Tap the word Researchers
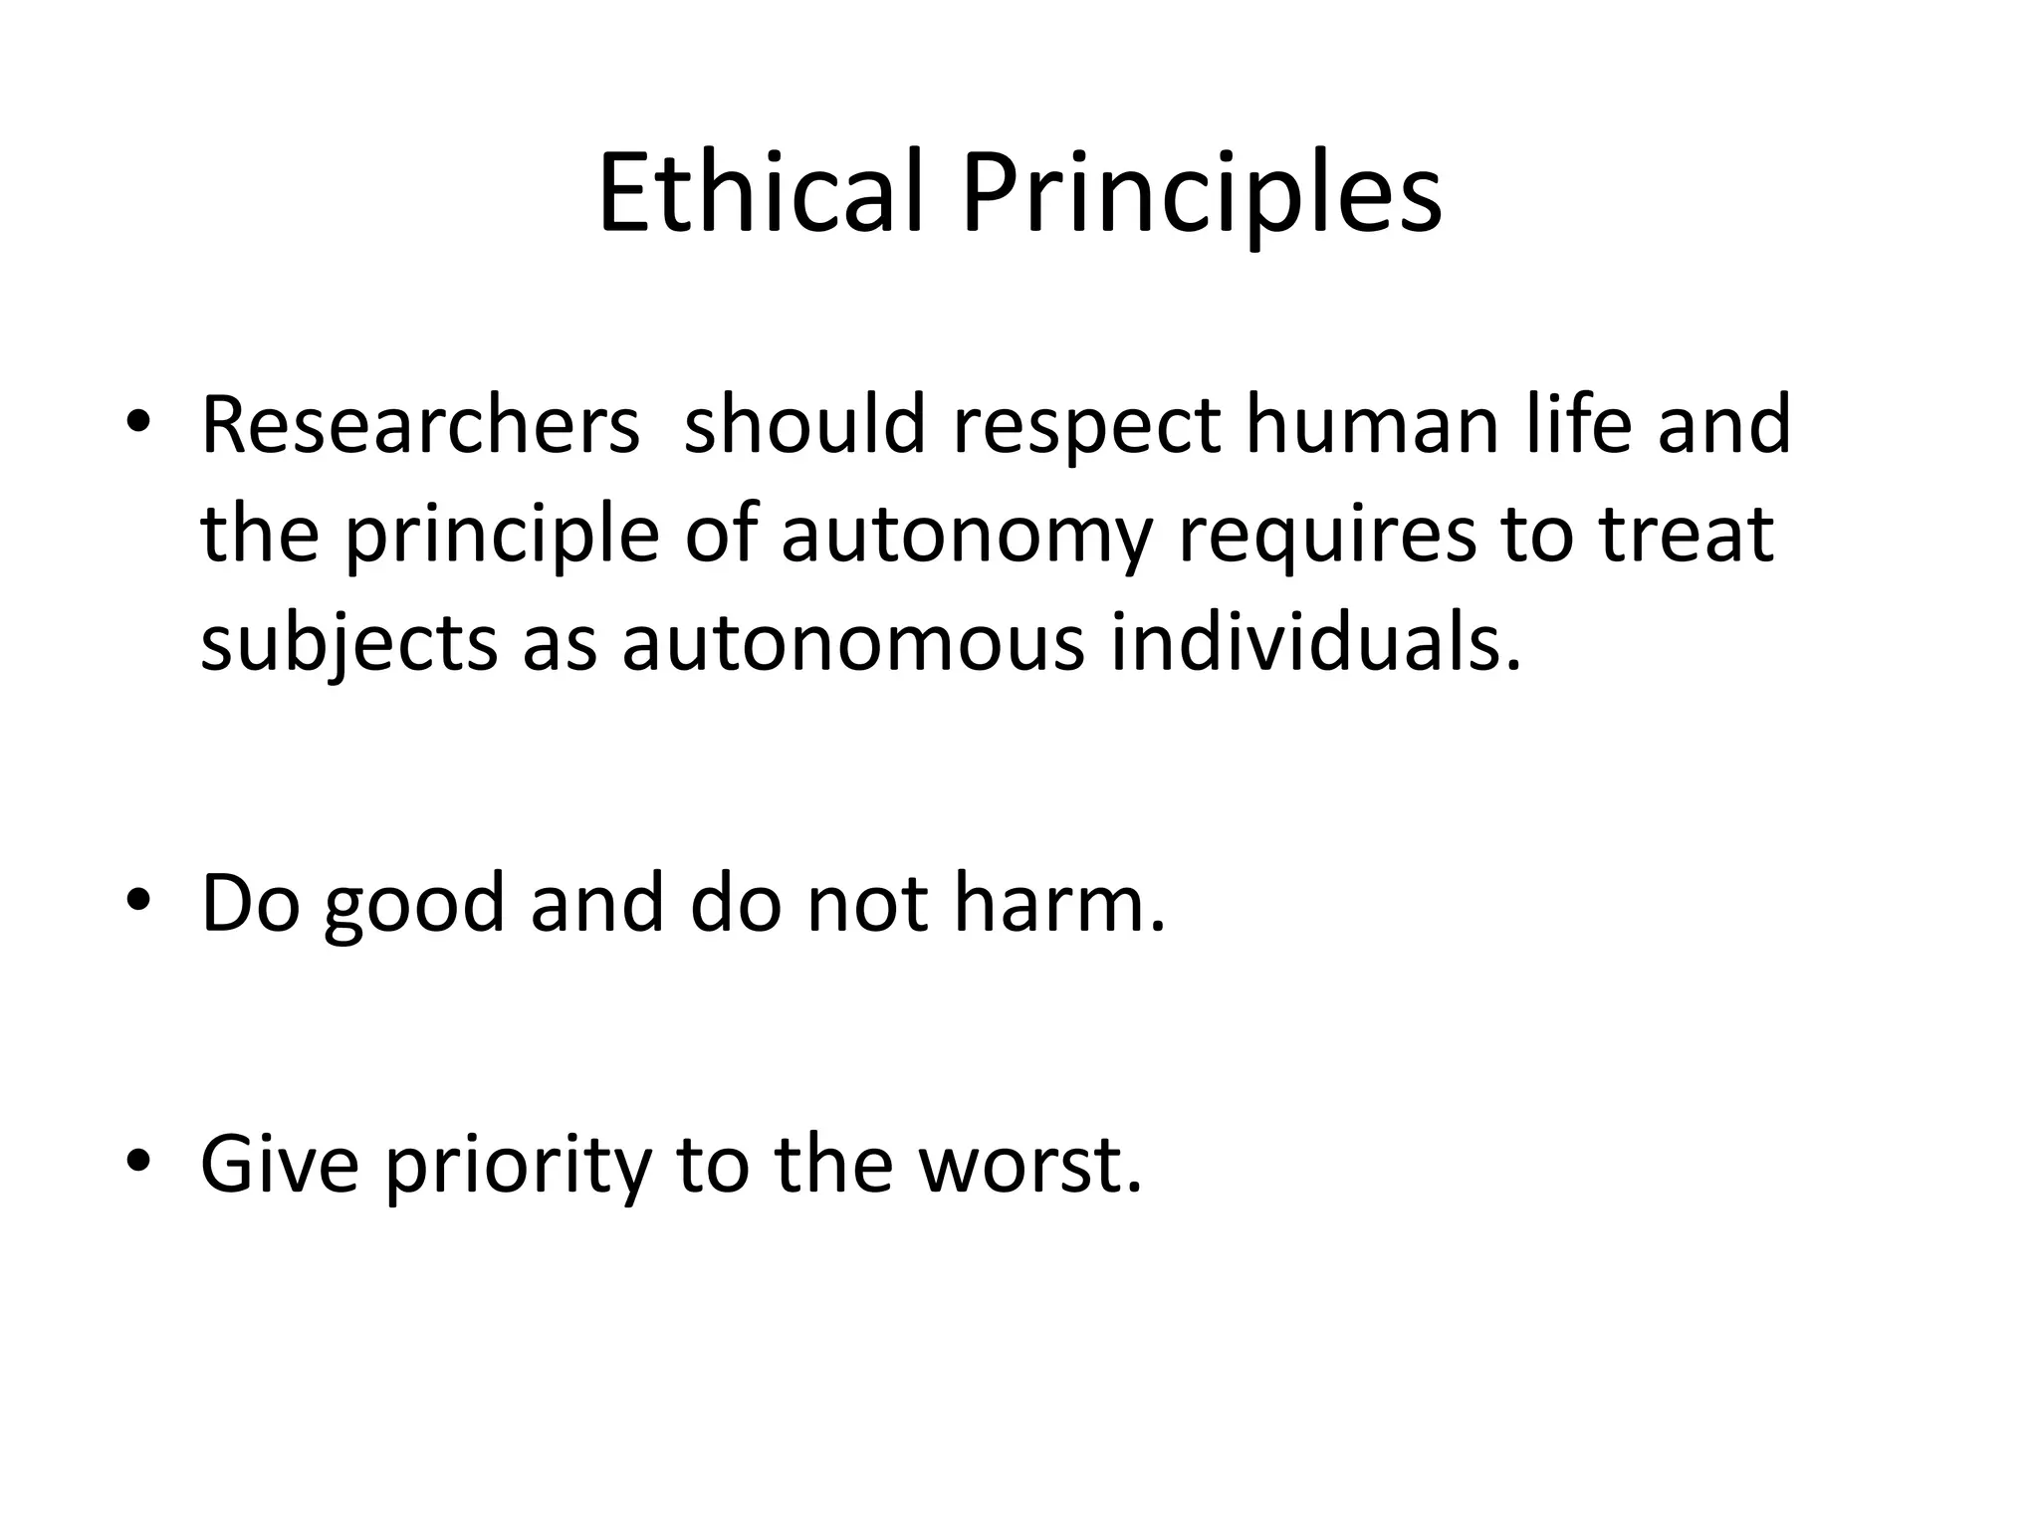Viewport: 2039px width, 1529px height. click(x=419, y=425)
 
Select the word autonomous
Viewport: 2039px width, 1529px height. click(x=852, y=644)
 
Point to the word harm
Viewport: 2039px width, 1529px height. click(x=1057, y=903)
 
